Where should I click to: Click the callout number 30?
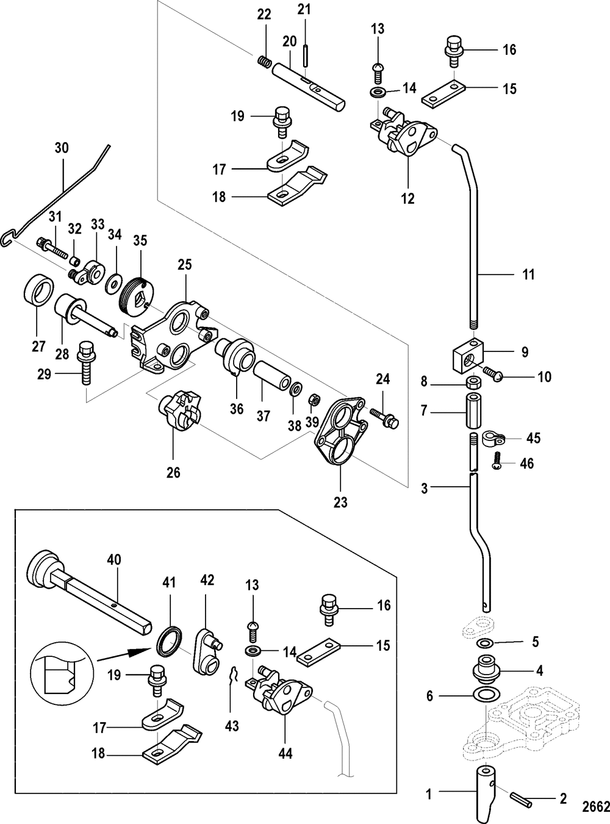[62, 148]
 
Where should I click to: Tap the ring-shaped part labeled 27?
[38, 290]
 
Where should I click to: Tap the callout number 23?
[340, 502]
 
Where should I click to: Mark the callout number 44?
[285, 754]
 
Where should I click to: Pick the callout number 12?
[407, 198]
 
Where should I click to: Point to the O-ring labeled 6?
[486, 695]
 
